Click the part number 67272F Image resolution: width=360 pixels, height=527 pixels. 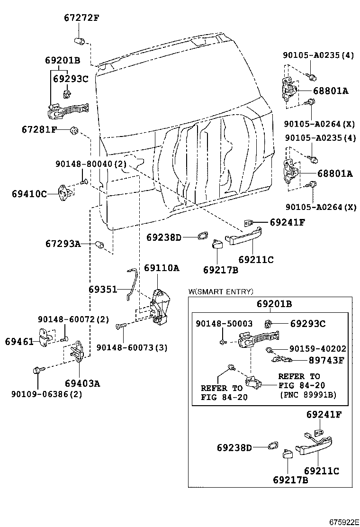(81, 18)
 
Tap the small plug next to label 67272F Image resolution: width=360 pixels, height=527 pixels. (80, 40)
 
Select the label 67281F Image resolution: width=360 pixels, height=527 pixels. (39, 129)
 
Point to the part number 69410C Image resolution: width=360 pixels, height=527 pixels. (29, 193)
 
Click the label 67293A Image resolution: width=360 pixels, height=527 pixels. (63, 244)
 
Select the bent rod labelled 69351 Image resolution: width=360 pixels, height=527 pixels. (132, 284)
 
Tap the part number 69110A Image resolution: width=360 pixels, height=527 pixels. (162, 268)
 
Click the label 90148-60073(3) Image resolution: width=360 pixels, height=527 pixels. (132, 348)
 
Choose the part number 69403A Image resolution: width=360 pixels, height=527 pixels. (82, 383)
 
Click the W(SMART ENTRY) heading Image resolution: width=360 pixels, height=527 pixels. (220, 291)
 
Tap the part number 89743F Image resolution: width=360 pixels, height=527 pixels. (326, 360)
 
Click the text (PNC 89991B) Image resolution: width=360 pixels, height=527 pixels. (308, 394)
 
